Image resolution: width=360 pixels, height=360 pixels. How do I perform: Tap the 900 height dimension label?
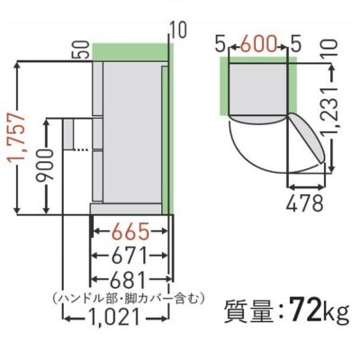(x=46, y=165)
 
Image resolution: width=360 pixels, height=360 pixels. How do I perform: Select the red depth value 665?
(x=129, y=231)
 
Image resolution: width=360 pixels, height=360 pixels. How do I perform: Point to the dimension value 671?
(x=129, y=256)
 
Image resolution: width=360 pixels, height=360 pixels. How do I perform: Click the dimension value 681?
(x=130, y=280)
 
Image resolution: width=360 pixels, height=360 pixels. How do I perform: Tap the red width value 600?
(x=258, y=44)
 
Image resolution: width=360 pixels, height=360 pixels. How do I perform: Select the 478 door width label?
(x=305, y=203)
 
